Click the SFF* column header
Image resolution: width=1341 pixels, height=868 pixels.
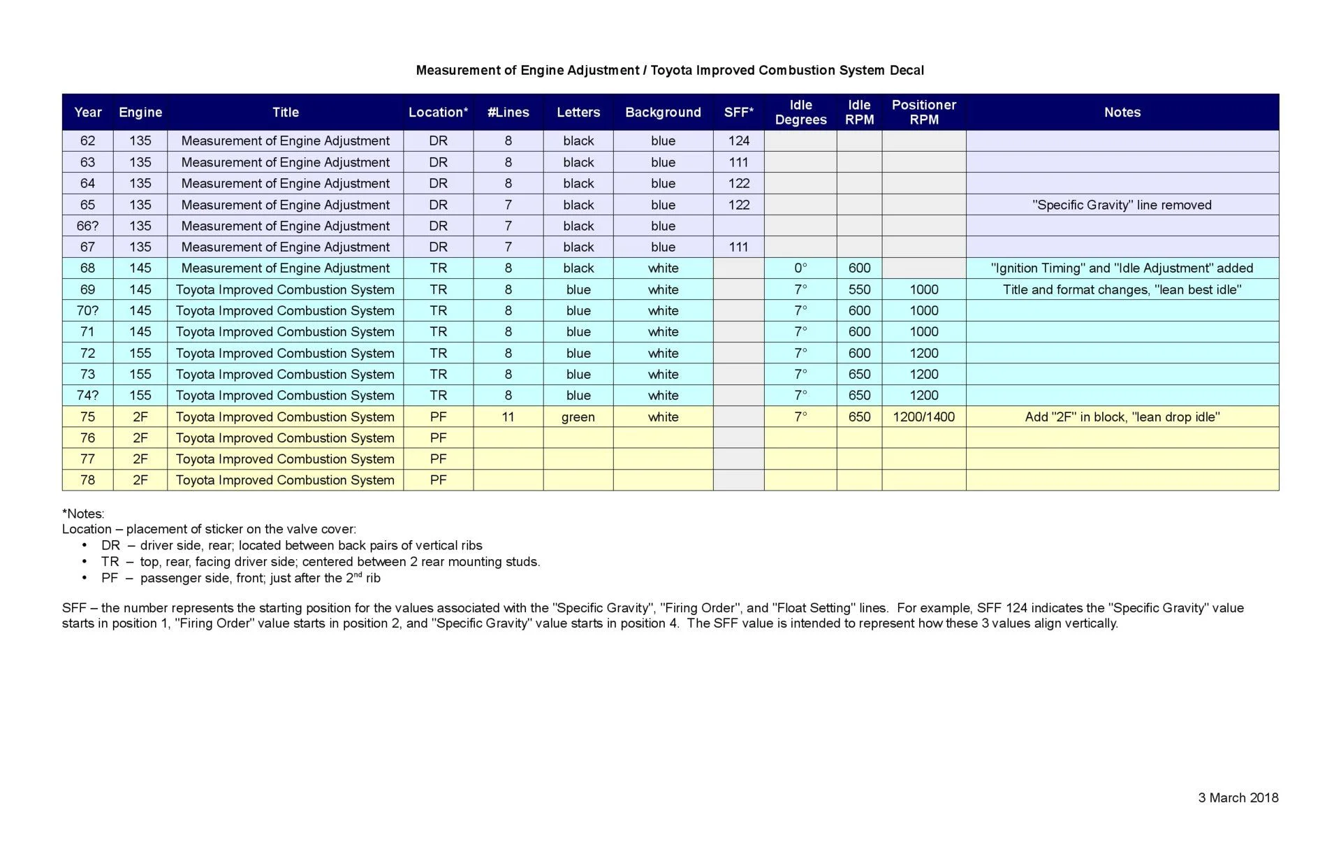pyautogui.click(x=738, y=113)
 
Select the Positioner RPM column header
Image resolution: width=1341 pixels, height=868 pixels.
pyautogui.click(x=923, y=113)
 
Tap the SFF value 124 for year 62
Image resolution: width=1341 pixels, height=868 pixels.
pyautogui.click(x=738, y=140)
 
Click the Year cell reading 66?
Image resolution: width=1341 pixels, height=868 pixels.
pyautogui.click(x=87, y=226)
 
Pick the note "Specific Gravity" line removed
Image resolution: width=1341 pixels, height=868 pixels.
pyautogui.click(x=1122, y=205)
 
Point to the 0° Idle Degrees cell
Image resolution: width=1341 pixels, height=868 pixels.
pyautogui.click(x=800, y=268)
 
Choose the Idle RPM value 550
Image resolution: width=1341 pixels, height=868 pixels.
pyautogui.click(x=859, y=289)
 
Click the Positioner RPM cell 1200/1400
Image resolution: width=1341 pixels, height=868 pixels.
pyautogui.click(x=923, y=417)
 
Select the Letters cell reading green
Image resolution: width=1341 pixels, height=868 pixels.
pyautogui.click(x=578, y=417)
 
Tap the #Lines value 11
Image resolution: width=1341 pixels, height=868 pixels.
pyautogui.click(x=508, y=417)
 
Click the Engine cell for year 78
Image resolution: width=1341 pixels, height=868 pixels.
pyautogui.click(x=140, y=480)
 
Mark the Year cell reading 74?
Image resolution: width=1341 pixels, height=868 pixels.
pyautogui.click(x=87, y=395)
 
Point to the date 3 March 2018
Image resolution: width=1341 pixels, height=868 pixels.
pyautogui.click(x=1238, y=797)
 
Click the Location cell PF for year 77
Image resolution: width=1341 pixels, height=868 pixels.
pyautogui.click(x=438, y=458)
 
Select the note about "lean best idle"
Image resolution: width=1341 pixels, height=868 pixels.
pyautogui.click(x=1122, y=289)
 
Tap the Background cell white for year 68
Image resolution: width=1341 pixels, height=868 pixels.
pyautogui.click(x=663, y=268)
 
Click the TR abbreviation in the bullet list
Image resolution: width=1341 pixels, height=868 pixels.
pyautogui.click(x=110, y=562)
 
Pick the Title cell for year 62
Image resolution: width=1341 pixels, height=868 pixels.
pyautogui.click(x=285, y=140)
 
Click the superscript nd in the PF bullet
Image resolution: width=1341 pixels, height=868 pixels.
pyautogui.click(x=358, y=574)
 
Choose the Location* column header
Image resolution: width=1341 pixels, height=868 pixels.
pyautogui.click(x=438, y=113)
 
